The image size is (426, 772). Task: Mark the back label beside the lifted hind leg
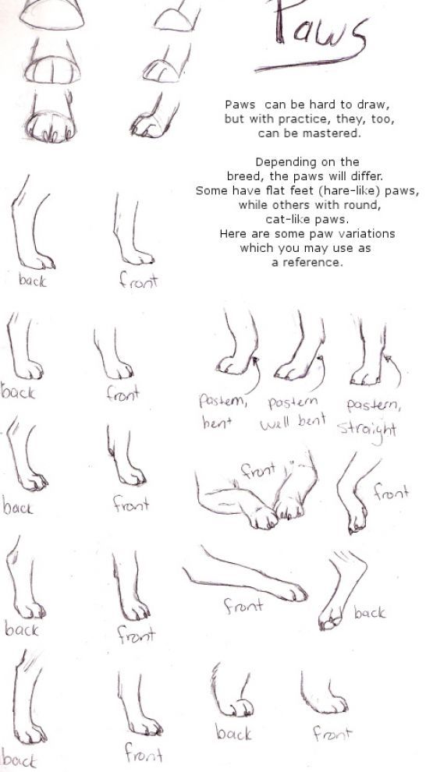pos(370,613)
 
